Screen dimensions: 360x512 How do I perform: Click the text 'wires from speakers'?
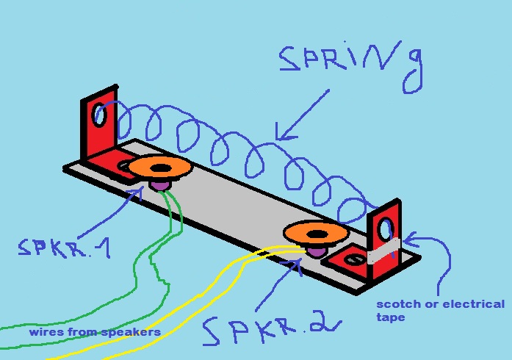coord(95,332)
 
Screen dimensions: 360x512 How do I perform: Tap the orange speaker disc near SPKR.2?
coord(316,234)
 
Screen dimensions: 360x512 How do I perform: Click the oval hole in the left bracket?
coord(100,114)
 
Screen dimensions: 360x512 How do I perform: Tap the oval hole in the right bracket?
coord(386,230)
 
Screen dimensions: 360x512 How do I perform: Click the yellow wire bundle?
coord(184,294)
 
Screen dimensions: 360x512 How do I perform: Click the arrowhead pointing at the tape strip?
coord(409,239)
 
